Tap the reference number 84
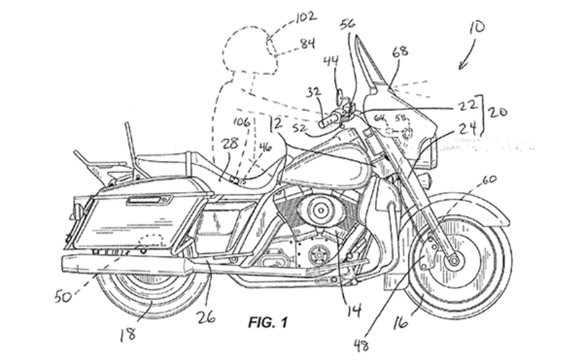point(306,44)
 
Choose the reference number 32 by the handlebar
point(314,92)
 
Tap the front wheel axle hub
point(452,260)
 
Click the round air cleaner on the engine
point(319,210)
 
